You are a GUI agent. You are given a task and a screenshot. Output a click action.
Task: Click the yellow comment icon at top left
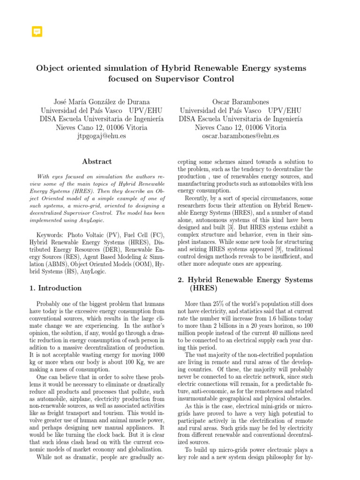(37, 31)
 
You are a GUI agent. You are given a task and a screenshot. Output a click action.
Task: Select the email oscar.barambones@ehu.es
(240, 136)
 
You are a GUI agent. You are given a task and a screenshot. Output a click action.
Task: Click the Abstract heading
(97, 162)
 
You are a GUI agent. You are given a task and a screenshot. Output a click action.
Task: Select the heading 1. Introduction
(55, 288)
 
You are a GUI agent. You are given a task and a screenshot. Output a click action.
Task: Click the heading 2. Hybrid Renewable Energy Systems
(245, 280)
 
